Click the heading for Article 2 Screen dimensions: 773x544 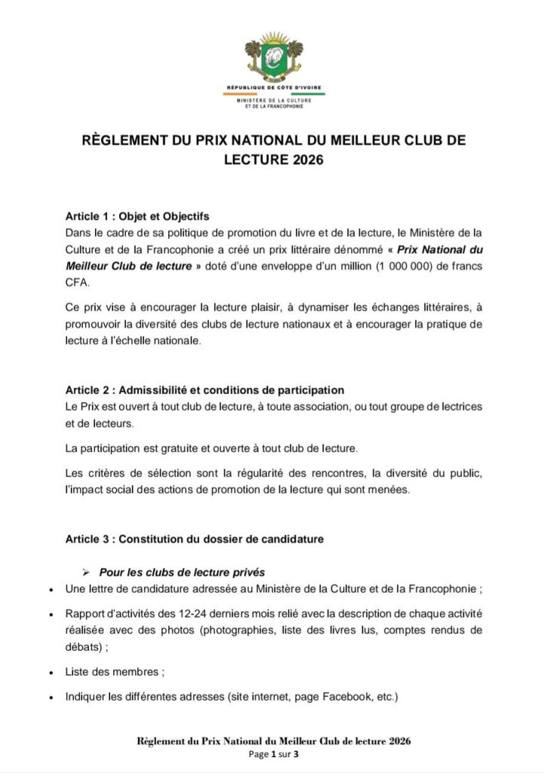[204, 390]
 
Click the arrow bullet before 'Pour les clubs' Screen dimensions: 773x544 [86, 571]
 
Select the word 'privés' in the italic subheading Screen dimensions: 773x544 [250, 571]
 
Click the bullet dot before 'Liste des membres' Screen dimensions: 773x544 [50, 672]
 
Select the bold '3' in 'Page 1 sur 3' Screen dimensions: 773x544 [297, 753]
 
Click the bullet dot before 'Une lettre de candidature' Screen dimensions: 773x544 [50, 589]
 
